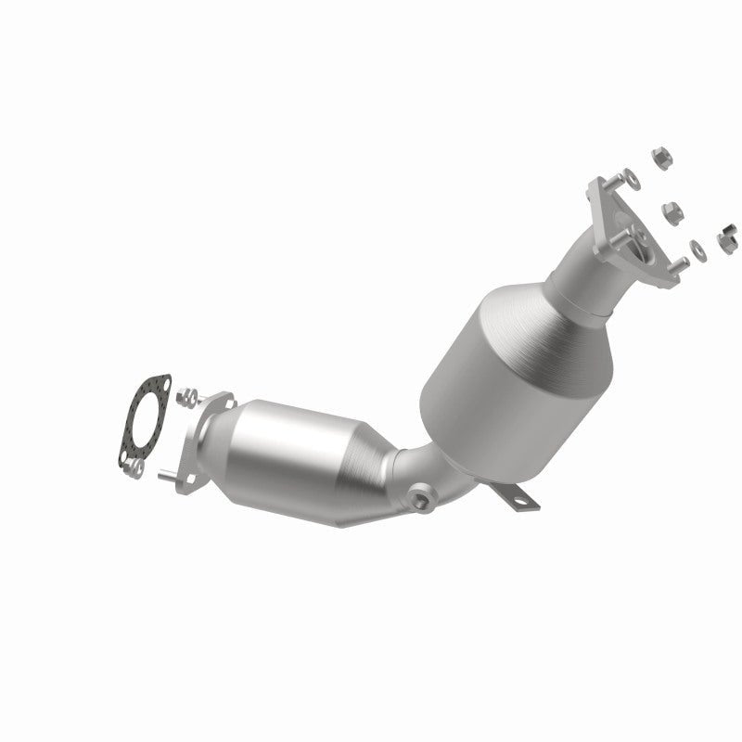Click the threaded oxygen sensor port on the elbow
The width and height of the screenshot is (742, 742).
point(422,501)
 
